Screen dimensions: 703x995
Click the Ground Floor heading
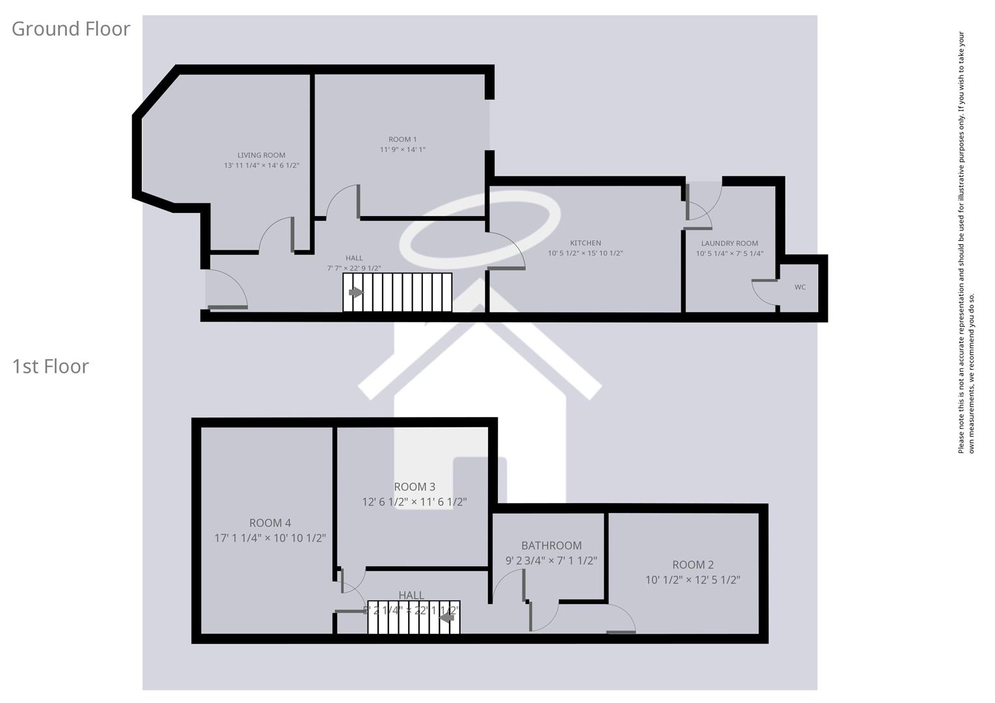click(71, 29)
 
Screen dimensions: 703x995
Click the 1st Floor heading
click(50, 366)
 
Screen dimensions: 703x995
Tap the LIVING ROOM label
click(261, 155)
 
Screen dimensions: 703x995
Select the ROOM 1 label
click(402, 139)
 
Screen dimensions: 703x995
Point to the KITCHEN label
click(586, 243)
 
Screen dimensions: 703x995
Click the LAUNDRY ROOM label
click(729, 243)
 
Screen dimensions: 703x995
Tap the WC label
click(800, 287)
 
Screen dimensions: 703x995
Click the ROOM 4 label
click(270, 523)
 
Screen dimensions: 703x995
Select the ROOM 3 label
click(415, 487)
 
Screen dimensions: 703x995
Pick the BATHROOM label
click(551, 545)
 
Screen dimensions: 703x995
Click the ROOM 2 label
click(693, 564)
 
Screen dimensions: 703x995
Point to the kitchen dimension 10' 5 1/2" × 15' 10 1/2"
click(586, 253)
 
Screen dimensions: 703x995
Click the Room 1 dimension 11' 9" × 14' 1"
click(402, 150)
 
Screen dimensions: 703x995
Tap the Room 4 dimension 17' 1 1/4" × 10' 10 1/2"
click(270, 538)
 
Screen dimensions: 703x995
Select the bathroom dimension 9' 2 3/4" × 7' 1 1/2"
click(551, 560)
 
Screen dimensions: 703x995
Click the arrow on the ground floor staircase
click(355, 292)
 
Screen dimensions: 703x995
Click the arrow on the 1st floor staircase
click(447, 616)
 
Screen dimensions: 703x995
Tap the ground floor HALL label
click(354, 258)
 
